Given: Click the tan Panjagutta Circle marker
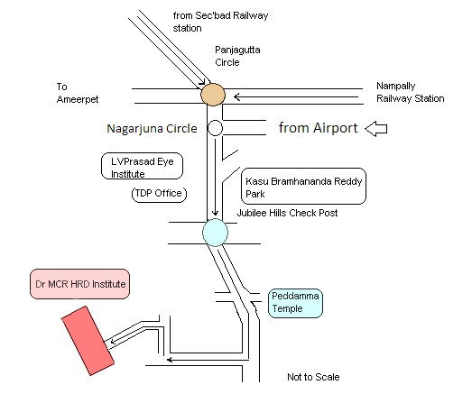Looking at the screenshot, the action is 213,95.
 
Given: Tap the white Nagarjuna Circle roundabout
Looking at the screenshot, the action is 215,128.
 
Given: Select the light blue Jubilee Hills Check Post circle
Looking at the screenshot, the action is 215,233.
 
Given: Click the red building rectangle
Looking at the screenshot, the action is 88,341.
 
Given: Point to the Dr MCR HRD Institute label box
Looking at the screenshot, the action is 79,284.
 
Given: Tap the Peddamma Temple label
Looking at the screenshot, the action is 295,303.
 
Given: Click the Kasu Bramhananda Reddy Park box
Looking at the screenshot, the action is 303,186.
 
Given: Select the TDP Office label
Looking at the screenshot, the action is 159,193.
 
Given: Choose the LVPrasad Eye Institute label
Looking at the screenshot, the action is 142,166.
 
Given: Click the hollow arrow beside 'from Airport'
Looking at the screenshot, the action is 376,128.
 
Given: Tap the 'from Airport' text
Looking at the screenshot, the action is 319,128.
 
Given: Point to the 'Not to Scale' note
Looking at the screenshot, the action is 313,377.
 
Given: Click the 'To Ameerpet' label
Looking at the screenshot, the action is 78,93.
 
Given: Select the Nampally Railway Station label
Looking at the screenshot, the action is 411,92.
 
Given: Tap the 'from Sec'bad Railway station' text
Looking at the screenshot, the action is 220,22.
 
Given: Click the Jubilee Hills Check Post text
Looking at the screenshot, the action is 287,213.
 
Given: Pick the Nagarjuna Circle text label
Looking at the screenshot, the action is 152,128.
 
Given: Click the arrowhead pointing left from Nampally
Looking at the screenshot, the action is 237,97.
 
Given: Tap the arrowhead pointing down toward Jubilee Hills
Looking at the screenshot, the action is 215,213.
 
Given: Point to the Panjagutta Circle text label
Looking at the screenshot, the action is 237,56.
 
